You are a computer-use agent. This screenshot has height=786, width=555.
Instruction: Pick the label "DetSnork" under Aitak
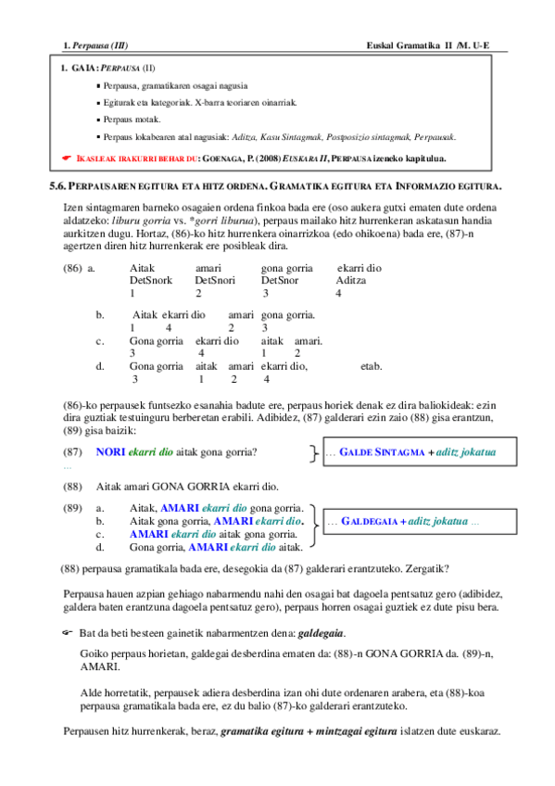[151, 280]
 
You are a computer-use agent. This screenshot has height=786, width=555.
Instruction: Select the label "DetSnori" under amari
[216, 280]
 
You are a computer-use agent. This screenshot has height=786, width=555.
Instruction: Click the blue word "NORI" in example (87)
[110, 452]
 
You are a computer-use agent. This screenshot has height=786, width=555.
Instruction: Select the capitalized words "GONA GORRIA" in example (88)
[208, 487]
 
